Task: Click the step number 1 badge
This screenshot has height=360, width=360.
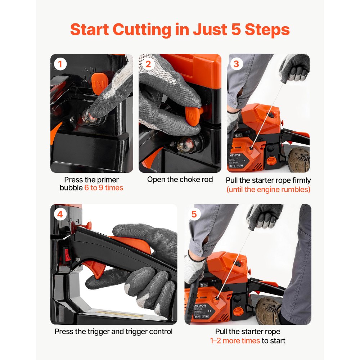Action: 60,64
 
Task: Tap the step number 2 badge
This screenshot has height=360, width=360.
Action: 148,64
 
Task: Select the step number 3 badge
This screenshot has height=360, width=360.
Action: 236,64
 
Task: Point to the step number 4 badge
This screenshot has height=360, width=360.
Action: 60,215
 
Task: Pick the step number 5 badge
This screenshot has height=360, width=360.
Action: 194,215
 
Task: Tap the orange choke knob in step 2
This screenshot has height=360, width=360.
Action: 193,115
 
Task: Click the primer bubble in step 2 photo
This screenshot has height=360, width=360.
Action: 186,145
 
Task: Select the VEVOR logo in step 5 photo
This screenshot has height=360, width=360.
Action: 200,306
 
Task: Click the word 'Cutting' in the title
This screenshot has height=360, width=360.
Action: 142,30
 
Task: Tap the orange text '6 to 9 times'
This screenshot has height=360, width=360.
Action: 104,188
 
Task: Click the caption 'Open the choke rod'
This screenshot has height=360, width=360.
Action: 180,180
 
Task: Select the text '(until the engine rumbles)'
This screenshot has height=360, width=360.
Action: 269,190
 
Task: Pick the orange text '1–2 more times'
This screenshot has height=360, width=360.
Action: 235,341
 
